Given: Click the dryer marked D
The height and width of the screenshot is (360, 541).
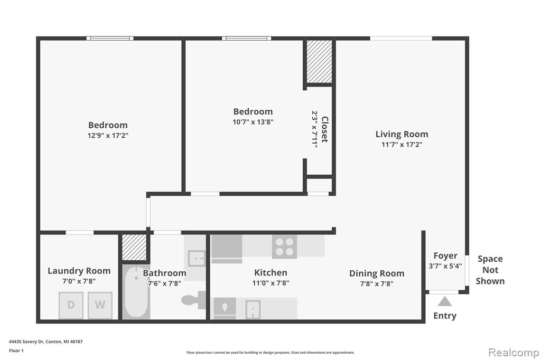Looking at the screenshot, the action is [x=71, y=305].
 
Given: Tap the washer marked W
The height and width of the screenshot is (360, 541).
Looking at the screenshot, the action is [x=100, y=305].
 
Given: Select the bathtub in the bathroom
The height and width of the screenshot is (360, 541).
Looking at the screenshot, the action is [x=137, y=292].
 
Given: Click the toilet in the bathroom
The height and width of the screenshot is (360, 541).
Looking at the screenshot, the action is [x=193, y=300].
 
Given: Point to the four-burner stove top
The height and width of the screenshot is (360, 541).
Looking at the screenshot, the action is [x=285, y=247].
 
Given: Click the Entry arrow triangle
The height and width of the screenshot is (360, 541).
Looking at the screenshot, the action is [x=445, y=301].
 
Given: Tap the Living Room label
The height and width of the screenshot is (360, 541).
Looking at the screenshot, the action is [x=402, y=134].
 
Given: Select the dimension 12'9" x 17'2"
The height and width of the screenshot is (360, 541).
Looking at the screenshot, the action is [x=108, y=136].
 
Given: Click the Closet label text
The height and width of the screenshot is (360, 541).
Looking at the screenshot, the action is [x=325, y=129].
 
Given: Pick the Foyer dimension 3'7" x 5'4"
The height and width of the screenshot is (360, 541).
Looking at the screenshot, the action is [x=445, y=266].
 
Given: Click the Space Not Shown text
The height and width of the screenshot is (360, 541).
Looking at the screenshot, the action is [x=490, y=270].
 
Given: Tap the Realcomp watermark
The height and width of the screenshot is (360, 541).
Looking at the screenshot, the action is [x=514, y=353].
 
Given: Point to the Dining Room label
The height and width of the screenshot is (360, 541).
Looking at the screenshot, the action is [x=377, y=273].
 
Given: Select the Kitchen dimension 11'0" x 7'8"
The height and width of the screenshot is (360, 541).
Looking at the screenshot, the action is [x=270, y=283].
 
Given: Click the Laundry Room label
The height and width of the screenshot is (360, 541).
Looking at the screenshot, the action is [x=79, y=271].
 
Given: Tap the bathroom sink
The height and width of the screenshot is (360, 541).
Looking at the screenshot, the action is [x=197, y=258].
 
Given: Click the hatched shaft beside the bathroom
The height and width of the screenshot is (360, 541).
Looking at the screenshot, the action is [x=135, y=247].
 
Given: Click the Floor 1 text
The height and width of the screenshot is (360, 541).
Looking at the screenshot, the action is [x=16, y=350].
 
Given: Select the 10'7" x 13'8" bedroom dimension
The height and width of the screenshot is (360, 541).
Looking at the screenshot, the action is [x=253, y=122].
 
